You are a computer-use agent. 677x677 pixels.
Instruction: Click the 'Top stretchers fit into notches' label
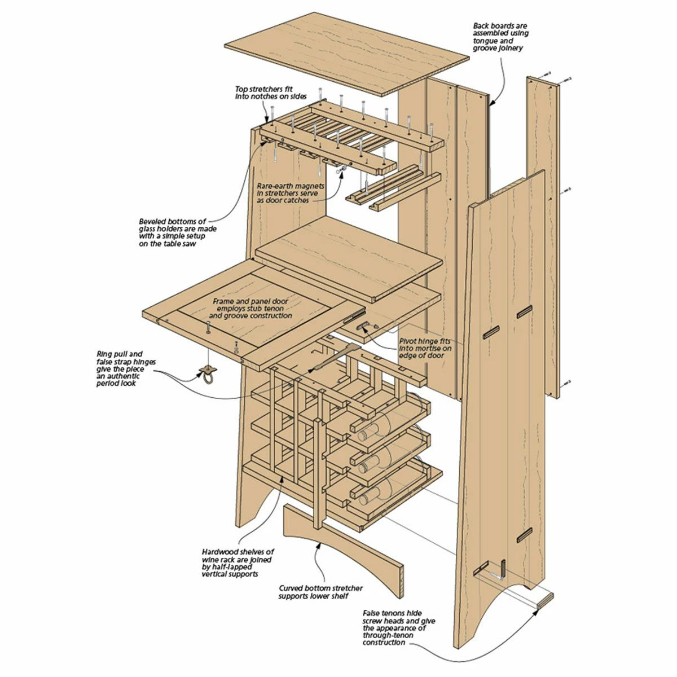click(x=270, y=93)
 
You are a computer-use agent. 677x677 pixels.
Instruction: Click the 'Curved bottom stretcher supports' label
click(x=320, y=592)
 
